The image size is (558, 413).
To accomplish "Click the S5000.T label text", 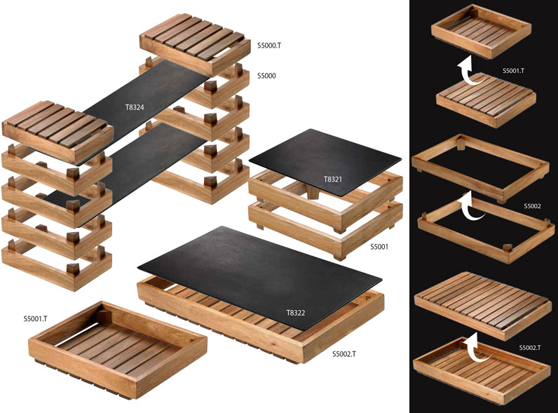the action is [x=269, y=46].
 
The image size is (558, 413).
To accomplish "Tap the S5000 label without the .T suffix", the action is [x=266, y=76].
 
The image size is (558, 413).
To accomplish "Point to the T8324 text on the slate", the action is [x=135, y=107].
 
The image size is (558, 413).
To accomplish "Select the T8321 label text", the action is [x=333, y=179].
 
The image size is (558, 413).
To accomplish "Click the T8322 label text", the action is [x=296, y=313].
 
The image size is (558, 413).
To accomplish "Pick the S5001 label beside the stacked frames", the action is [x=379, y=247].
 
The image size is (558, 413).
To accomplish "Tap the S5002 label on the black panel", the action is [x=532, y=206].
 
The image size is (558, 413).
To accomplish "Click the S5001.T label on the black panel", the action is [x=513, y=71].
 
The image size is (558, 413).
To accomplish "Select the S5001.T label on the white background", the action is [x=35, y=318].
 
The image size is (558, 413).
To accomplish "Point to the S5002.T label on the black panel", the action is [x=530, y=348].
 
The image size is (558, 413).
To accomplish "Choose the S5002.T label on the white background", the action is [x=344, y=354].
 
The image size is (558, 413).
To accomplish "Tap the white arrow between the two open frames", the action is [x=472, y=205].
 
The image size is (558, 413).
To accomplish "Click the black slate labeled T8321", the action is [x=325, y=162].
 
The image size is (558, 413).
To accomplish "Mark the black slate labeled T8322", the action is [x=259, y=274].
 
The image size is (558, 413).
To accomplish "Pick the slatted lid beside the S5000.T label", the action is [x=195, y=43].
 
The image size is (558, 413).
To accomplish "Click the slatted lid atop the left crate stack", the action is [x=57, y=131].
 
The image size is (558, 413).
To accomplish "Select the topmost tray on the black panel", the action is [x=482, y=32].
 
